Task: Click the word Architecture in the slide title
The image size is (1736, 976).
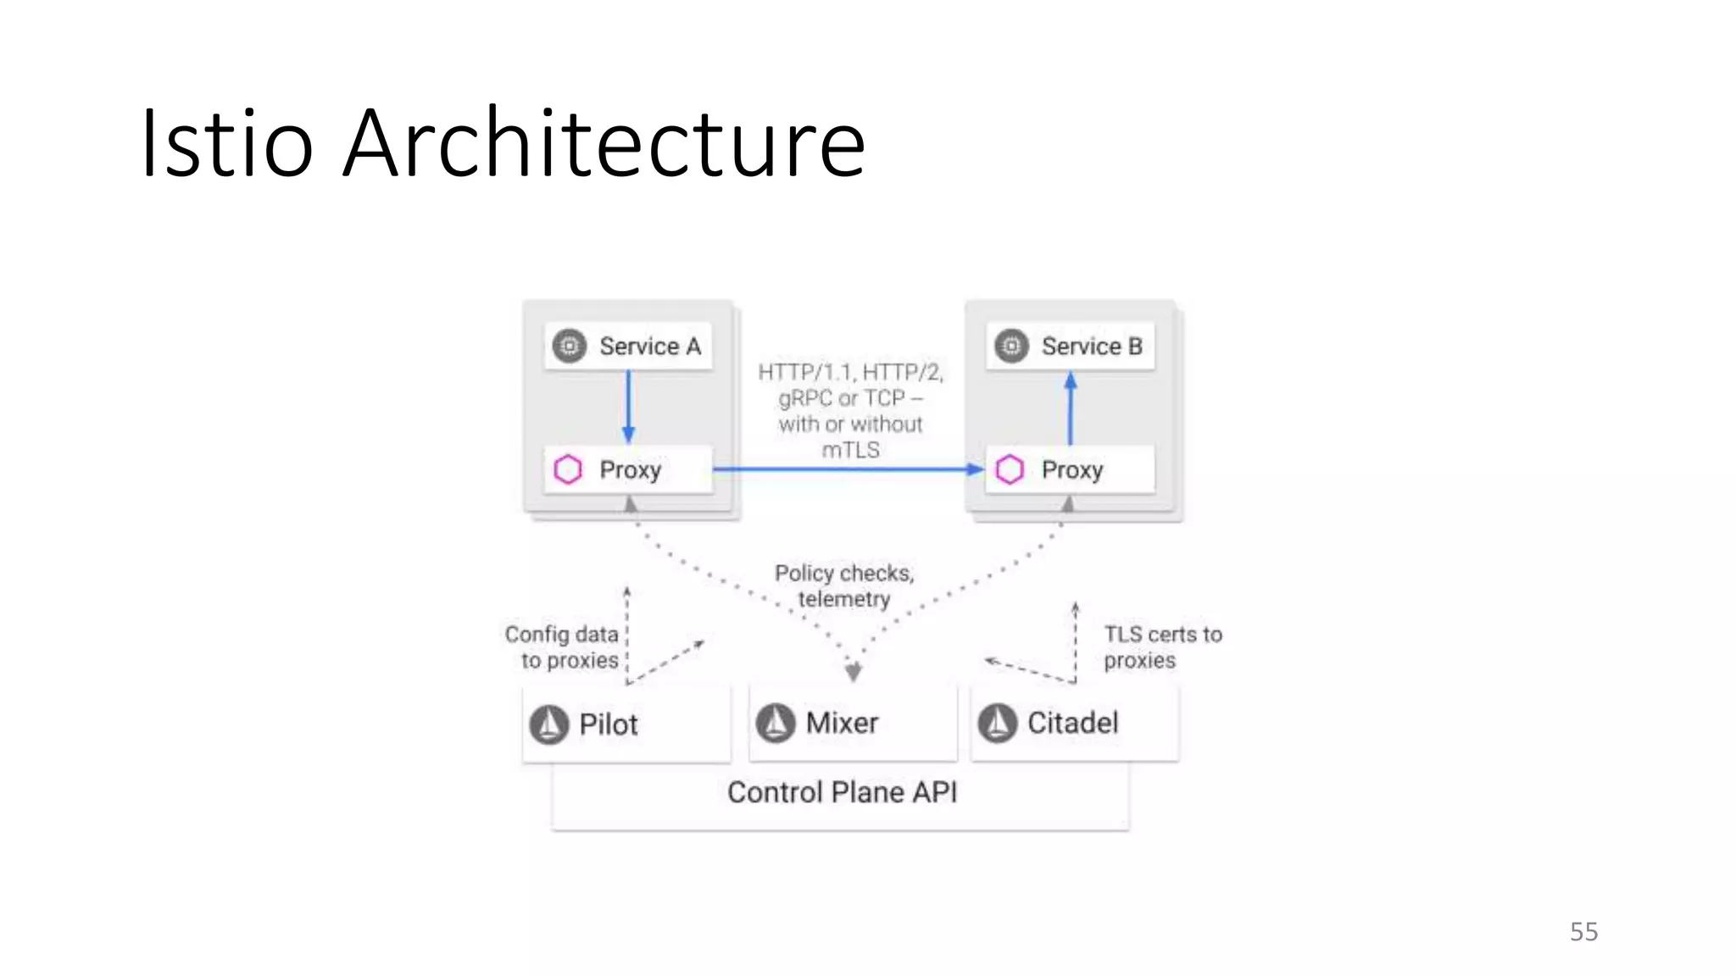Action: point(604,144)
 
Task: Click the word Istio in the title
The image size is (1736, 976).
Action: point(227,144)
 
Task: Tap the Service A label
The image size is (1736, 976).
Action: point(649,347)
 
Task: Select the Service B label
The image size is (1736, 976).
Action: point(1092,347)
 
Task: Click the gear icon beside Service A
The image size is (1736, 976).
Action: point(570,347)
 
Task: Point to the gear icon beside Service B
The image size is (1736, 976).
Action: point(1011,347)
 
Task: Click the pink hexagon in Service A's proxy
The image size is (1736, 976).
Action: point(568,469)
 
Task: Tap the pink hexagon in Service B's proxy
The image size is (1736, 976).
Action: point(1010,469)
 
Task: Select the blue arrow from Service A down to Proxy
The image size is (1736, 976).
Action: point(628,407)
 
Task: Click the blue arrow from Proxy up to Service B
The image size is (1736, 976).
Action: point(1071,409)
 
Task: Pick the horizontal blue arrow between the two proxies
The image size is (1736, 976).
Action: point(848,469)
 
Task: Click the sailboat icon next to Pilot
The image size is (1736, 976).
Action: point(549,724)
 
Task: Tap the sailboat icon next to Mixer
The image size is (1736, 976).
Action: point(776,724)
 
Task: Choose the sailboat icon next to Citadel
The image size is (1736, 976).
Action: point(998,724)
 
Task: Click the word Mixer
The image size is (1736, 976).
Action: point(842,724)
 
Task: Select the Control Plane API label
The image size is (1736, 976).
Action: point(842,792)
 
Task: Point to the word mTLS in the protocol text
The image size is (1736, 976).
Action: point(850,450)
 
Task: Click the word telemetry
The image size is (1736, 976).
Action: point(844,599)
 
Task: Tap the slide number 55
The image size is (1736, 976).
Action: point(1583,932)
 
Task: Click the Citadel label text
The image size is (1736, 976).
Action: point(1073,724)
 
